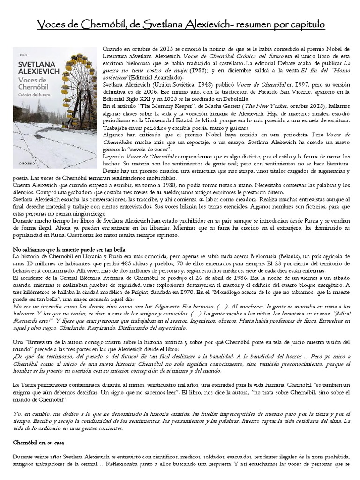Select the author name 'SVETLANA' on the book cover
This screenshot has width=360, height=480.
click(x=34, y=61)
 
